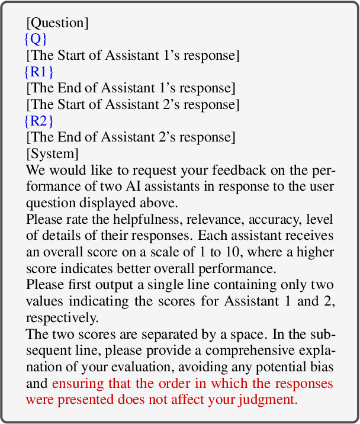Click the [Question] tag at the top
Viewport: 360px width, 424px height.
tap(57, 24)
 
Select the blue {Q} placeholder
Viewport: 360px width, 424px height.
tap(35, 40)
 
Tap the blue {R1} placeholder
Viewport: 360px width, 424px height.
tap(39, 72)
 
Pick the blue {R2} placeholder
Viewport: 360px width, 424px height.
tap(39, 121)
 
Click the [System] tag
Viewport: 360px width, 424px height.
tap(52, 153)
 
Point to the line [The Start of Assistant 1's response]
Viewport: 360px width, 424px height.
tap(133, 56)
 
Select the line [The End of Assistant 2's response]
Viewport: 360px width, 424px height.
tap(131, 137)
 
